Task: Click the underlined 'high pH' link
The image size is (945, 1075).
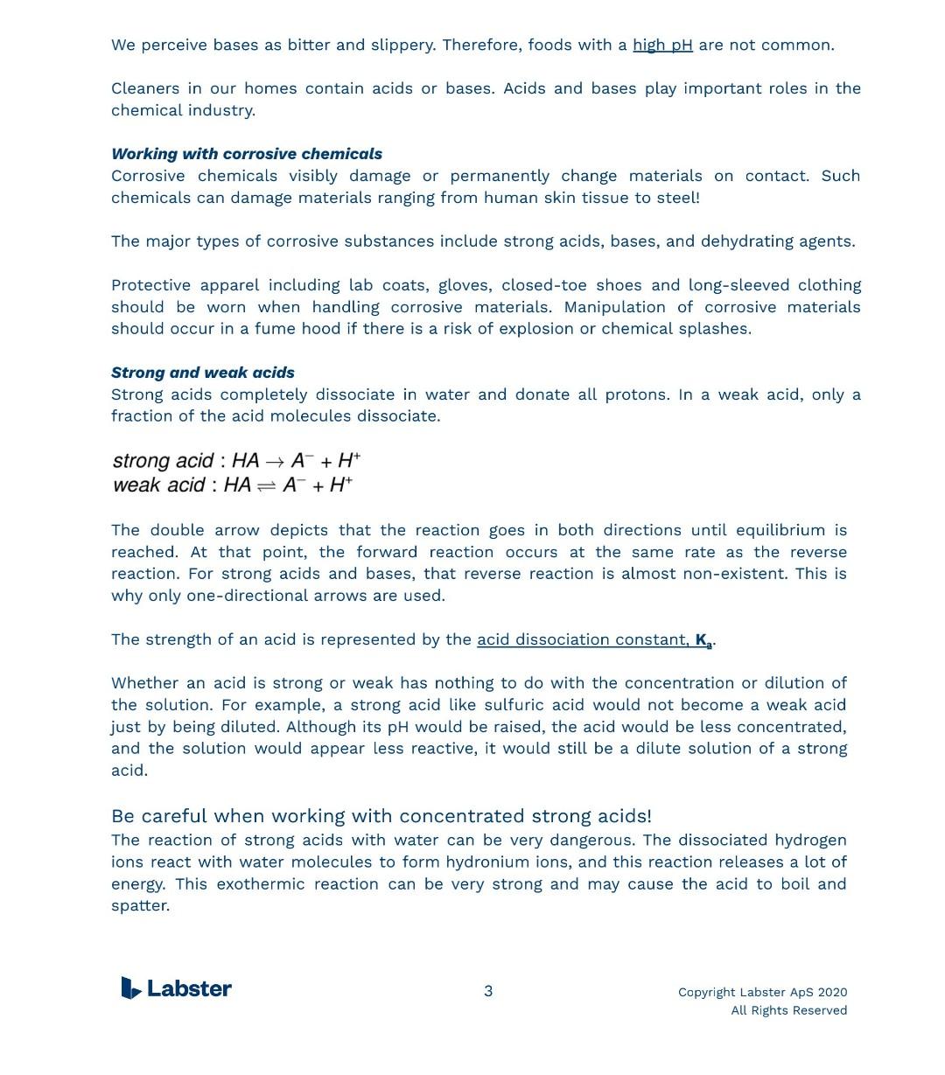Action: pyautogui.click(x=662, y=45)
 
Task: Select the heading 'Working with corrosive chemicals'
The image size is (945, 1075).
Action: pyautogui.click(x=247, y=154)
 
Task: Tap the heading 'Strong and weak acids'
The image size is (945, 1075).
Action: pyautogui.click(x=203, y=373)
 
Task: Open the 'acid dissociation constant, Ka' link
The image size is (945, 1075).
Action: pyautogui.click(x=595, y=639)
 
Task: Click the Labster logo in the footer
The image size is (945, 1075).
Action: pyautogui.click(x=177, y=988)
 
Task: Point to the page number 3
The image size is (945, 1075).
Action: pyautogui.click(x=488, y=991)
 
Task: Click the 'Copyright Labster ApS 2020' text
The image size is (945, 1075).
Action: pyautogui.click(x=762, y=992)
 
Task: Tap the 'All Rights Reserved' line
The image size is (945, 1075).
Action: pyautogui.click(x=788, y=1010)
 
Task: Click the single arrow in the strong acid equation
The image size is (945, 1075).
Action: pyautogui.click(x=275, y=461)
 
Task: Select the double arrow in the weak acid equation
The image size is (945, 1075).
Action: pyautogui.click(x=267, y=485)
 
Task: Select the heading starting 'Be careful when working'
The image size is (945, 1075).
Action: pyautogui.click(x=381, y=816)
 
